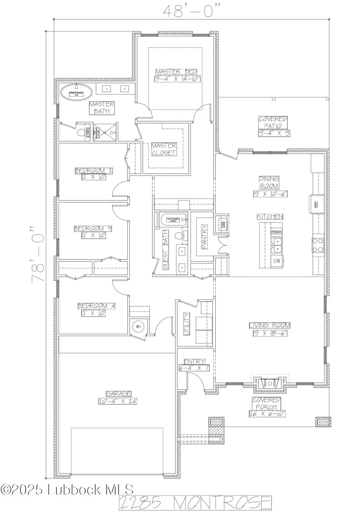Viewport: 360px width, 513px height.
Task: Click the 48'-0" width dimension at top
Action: tap(191, 10)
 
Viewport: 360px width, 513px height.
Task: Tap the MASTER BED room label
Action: tap(176, 72)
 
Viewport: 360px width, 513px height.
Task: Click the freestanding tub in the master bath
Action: tap(76, 93)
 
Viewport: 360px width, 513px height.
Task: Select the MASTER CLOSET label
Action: tap(164, 149)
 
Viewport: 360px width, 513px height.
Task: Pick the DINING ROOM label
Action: tap(269, 182)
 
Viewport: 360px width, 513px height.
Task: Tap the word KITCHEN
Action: tap(270, 216)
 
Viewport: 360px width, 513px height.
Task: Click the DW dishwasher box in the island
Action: tap(276, 261)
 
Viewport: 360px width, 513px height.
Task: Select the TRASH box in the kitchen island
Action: tap(276, 232)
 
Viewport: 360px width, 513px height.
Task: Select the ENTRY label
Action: tap(194, 361)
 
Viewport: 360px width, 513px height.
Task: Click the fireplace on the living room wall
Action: tap(269, 383)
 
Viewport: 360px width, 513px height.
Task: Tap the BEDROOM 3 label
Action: tap(93, 229)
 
